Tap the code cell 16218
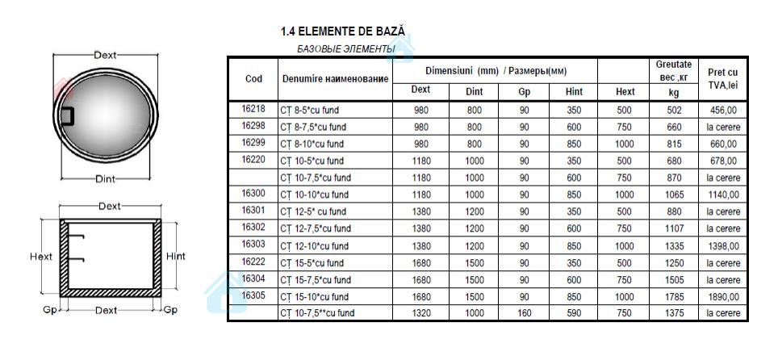tap(253, 109)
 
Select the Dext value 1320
tap(420, 312)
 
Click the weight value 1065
tap(675, 195)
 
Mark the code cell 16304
tap(253, 278)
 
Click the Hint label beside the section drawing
tap(175, 257)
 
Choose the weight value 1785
tap(675, 296)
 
